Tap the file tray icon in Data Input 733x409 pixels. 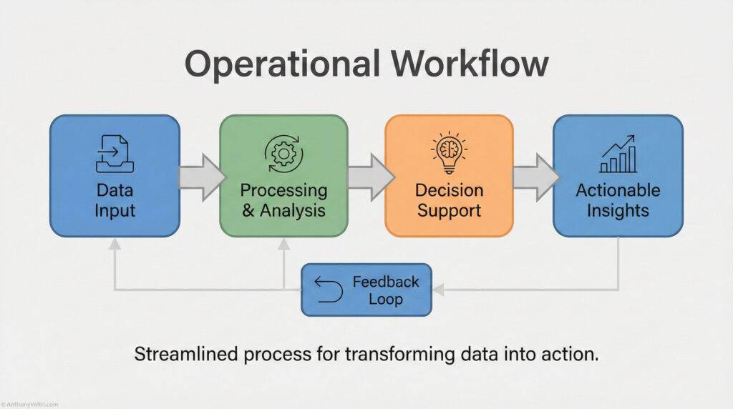point(115,154)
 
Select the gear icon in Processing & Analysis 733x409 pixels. point(283,153)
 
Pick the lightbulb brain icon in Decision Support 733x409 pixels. point(449,152)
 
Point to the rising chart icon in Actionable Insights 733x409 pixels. point(618,154)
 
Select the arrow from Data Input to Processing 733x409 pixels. point(200,176)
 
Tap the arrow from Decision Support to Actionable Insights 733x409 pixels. point(534,176)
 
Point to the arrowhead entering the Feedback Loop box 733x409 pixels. point(439,290)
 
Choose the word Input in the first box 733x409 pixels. point(115,211)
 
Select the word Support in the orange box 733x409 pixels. point(449,211)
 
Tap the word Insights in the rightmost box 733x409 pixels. point(618,211)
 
